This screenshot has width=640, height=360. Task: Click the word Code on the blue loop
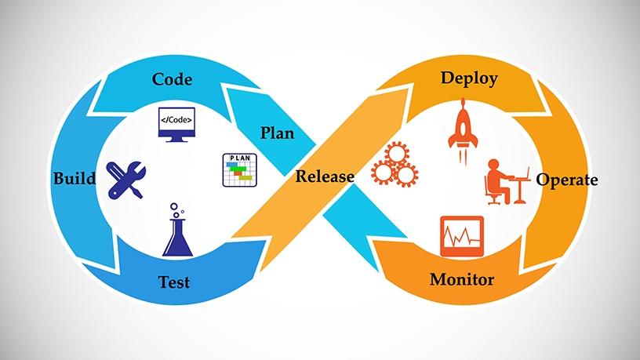point(172,79)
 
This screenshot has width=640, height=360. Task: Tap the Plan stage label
point(277,133)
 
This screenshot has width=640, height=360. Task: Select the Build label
point(75,178)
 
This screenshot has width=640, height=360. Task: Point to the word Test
point(174,282)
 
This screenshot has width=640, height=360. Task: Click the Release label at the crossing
point(325,176)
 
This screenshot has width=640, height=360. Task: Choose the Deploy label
point(469,78)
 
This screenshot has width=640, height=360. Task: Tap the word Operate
point(567,180)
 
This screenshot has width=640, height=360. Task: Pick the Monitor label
point(462,279)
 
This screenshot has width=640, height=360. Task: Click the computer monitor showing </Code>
point(176,125)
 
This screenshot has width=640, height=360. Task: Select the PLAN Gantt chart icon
point(239,169)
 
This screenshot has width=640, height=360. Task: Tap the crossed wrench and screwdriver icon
point(125,180)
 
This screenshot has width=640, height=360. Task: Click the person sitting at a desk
point(507,182)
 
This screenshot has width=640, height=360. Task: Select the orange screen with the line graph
point(462,236)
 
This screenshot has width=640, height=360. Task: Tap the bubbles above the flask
point(176,209)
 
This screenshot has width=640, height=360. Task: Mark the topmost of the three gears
point(397,154)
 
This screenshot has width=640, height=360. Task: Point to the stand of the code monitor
point(176,139)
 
